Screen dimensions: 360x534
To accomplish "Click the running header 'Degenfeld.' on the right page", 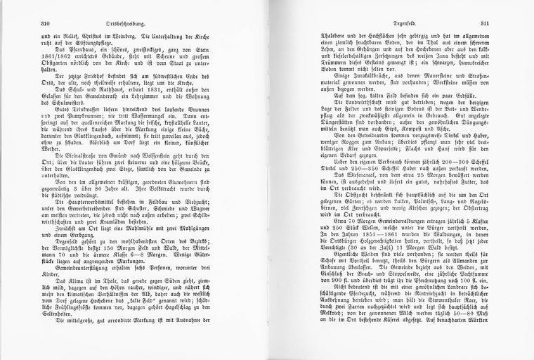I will [x=400, y=23].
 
